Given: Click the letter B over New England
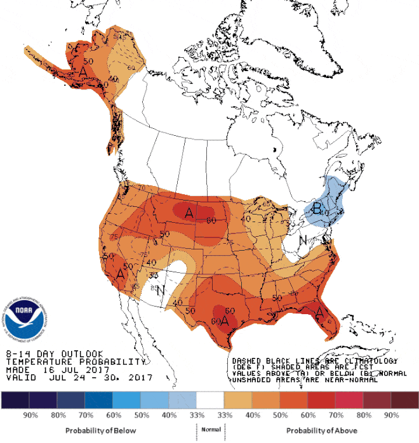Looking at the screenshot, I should pyautogui.click(x=317, y=208).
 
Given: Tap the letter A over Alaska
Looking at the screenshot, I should pyautogui.click(x=82, y=72).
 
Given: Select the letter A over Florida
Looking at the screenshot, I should pyautogui.click(x=319, y=313).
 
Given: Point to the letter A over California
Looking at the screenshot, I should pyautogui.click(x=120, y=274).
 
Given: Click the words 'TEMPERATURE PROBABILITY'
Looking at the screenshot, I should pyautogui.click(x=76, y=361).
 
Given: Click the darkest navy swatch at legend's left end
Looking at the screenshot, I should pyautogui.click(x=14, y=400).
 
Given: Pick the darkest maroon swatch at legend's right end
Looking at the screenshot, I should pyautogui.click(x=404, y=400).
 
